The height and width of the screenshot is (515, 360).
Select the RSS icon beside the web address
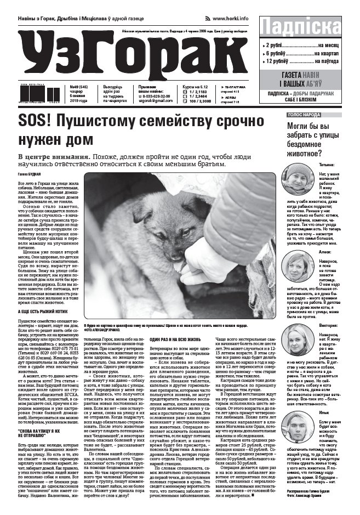click(208, 19)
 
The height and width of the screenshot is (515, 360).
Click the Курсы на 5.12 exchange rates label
click(195, 87)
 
